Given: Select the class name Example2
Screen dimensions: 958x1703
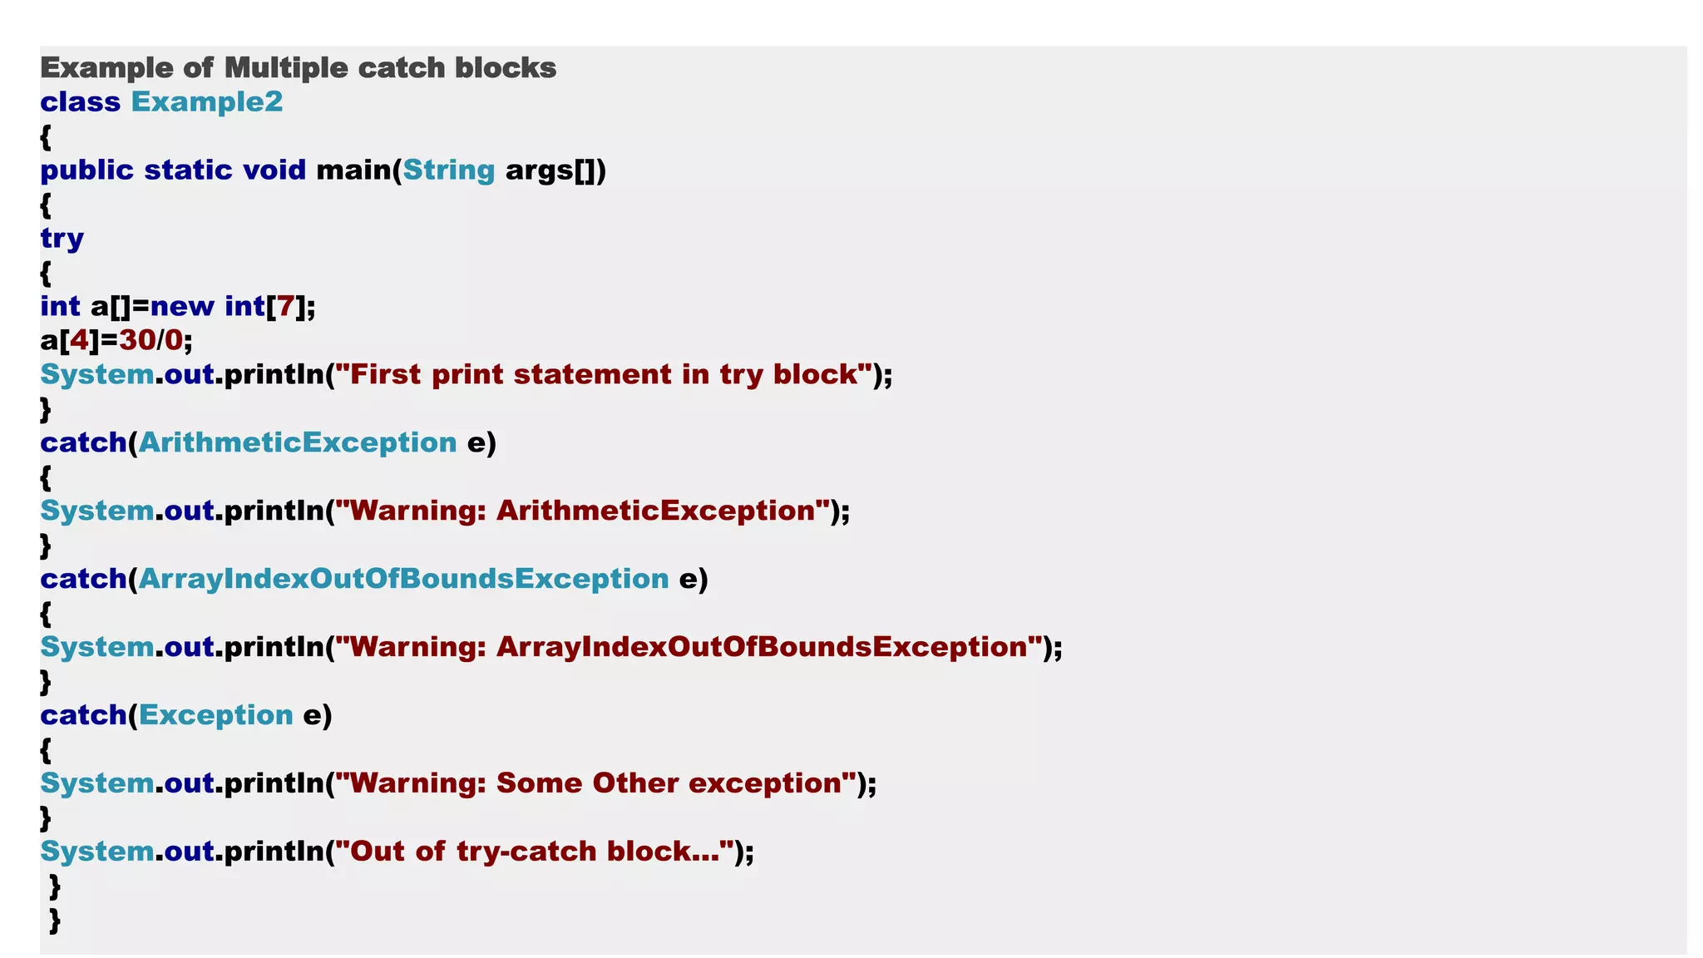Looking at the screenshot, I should pos(207,101).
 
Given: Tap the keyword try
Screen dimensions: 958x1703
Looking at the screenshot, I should pos(62,239).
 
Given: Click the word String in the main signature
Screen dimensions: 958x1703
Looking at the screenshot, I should pos(449,170).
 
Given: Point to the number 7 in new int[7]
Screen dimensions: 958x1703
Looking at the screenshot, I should pos(285,306).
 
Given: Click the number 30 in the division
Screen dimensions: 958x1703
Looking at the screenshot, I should pos(137,340).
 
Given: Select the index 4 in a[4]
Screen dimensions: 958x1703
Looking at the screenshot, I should pos(79,340).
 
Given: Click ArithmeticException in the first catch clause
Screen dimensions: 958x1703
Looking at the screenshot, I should pos(298,442).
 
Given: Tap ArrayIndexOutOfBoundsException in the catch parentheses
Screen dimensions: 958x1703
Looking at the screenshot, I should pos(403,579).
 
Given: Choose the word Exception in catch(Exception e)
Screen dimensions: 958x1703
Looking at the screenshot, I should pos(216,715).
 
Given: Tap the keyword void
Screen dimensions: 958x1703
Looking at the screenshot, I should pos(274,170).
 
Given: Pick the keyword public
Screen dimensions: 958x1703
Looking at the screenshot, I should pos(86,170).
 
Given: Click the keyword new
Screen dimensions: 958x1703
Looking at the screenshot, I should pos(182,306).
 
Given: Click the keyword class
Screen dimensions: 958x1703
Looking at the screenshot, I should pos(81,101).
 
